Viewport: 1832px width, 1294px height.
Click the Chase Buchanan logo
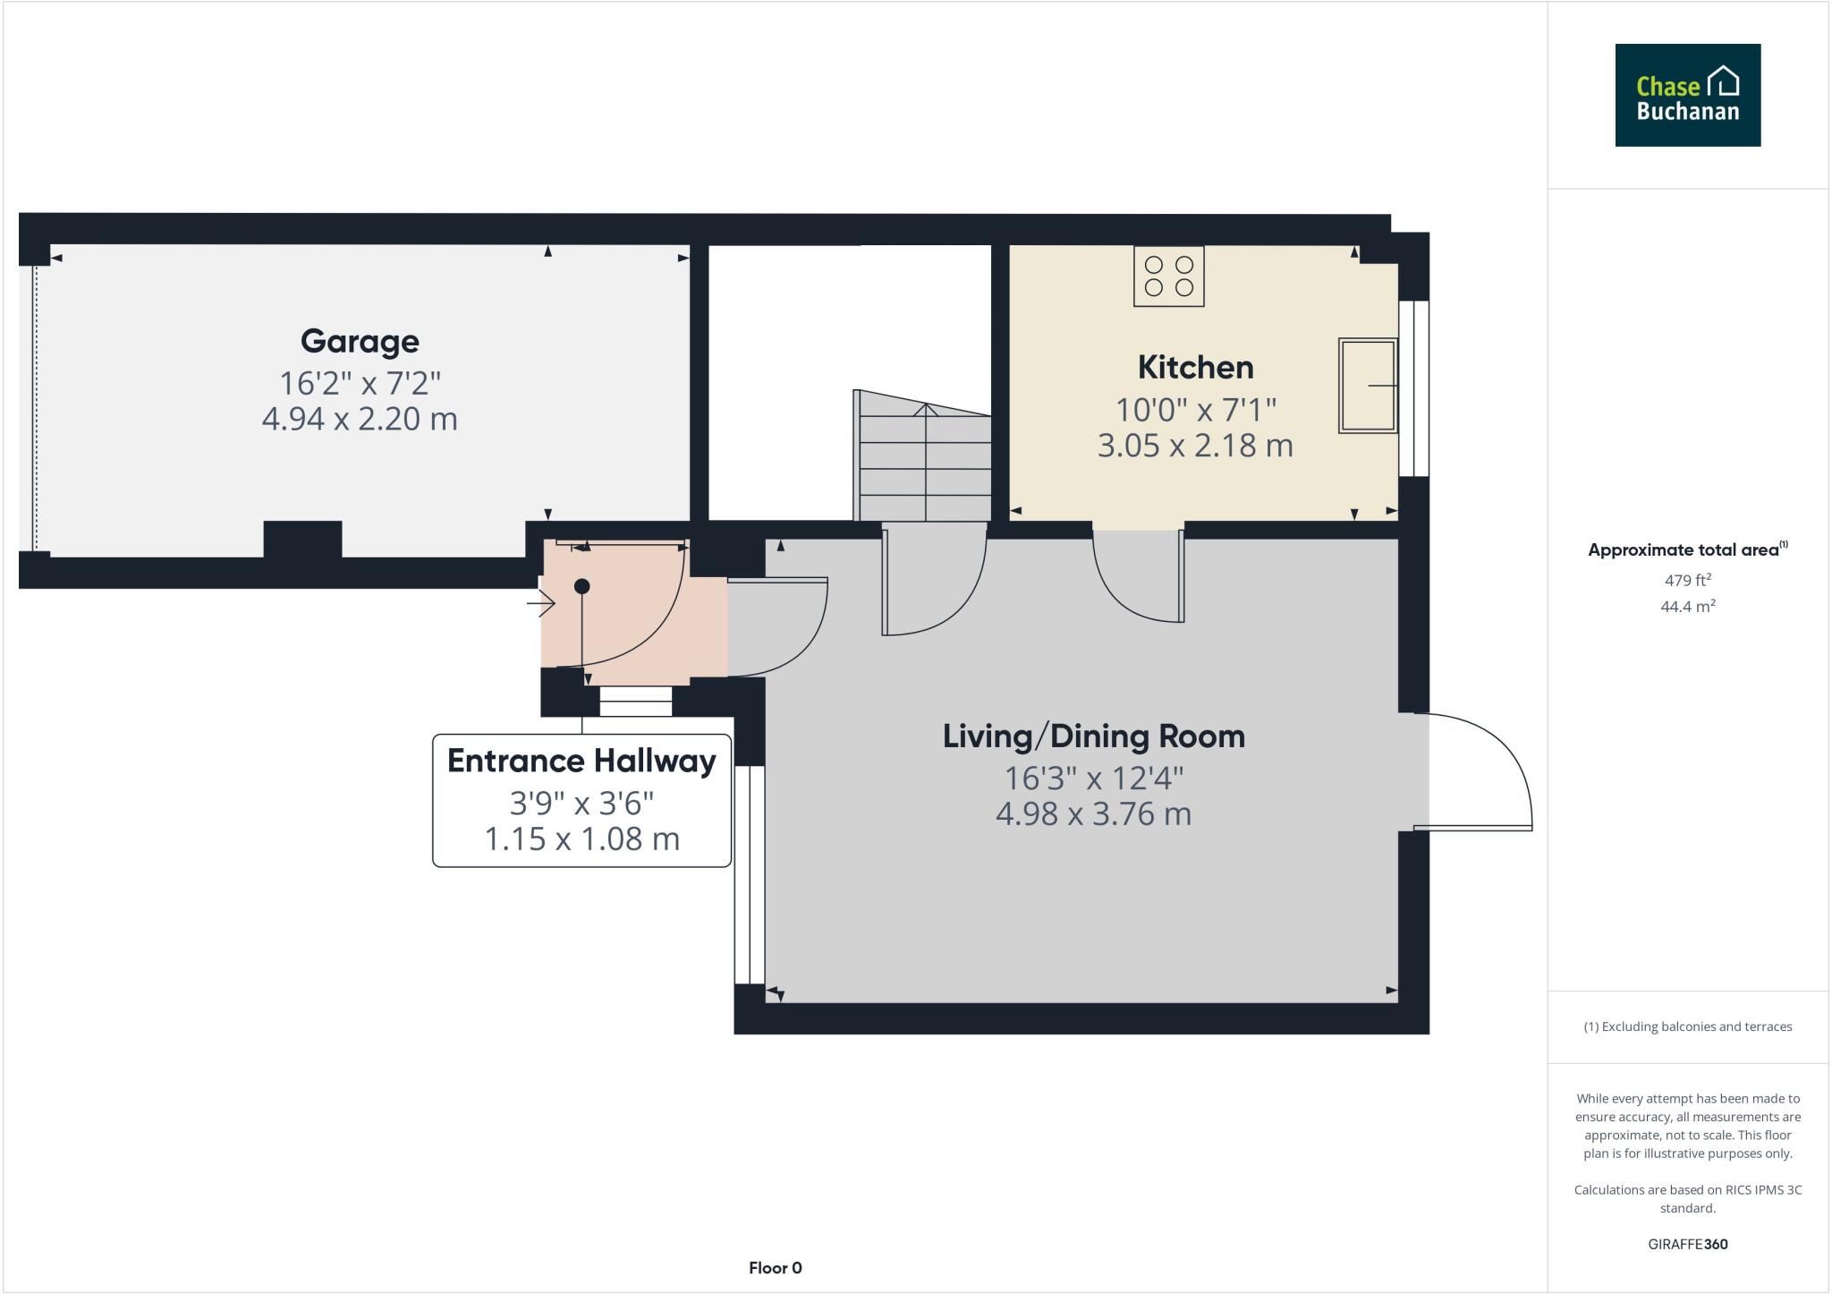[x=1687, y=95]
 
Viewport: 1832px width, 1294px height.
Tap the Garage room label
[x=360, y=341]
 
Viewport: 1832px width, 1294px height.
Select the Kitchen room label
[x=1195, y=367]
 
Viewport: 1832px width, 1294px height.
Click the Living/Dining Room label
[x=1093, y=736]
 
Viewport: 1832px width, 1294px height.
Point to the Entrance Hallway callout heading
[x=581, y=761]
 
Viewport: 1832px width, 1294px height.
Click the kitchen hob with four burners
[x=1168, y=277]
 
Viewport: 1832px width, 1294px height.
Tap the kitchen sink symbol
[x=1367, y=386]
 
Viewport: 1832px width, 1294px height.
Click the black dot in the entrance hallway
[x=582, y=586]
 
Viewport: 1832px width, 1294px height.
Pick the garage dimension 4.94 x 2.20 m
[x=360, y=419]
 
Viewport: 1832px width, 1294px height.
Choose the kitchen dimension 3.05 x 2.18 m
[x=1195, y=446]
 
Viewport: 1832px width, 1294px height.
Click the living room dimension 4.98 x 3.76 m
[x=1093, y=814]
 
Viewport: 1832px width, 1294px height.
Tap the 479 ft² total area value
[x=1687, y=580]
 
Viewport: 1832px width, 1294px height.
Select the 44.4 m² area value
[x=1687, y=607]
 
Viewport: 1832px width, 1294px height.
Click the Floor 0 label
[x=775, y=1268]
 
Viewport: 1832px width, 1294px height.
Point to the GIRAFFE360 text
[x=1687, y=1244]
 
